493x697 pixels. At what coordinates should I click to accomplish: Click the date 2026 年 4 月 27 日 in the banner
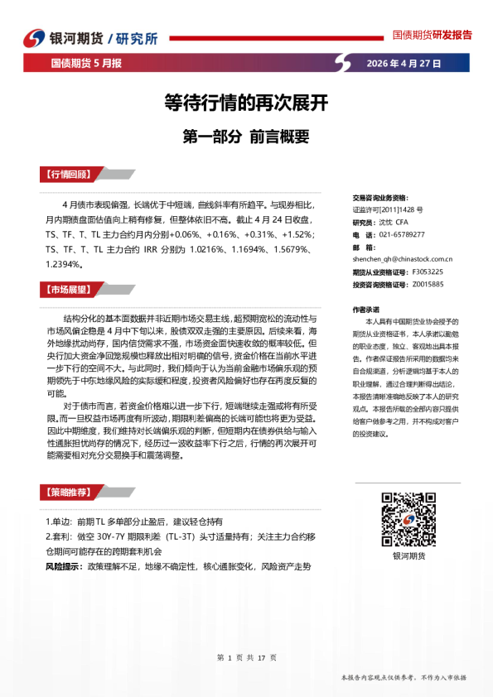(403, 63)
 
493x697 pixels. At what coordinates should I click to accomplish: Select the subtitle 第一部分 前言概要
(245, 137)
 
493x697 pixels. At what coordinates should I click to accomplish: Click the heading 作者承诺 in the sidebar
(366, 308)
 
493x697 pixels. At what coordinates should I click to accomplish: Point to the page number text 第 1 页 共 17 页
(246, 656)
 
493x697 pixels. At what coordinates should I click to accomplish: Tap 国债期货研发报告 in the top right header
(432, 35)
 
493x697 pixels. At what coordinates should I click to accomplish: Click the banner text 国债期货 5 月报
(86, 63)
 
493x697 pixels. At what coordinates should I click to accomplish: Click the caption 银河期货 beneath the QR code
(404, 555)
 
